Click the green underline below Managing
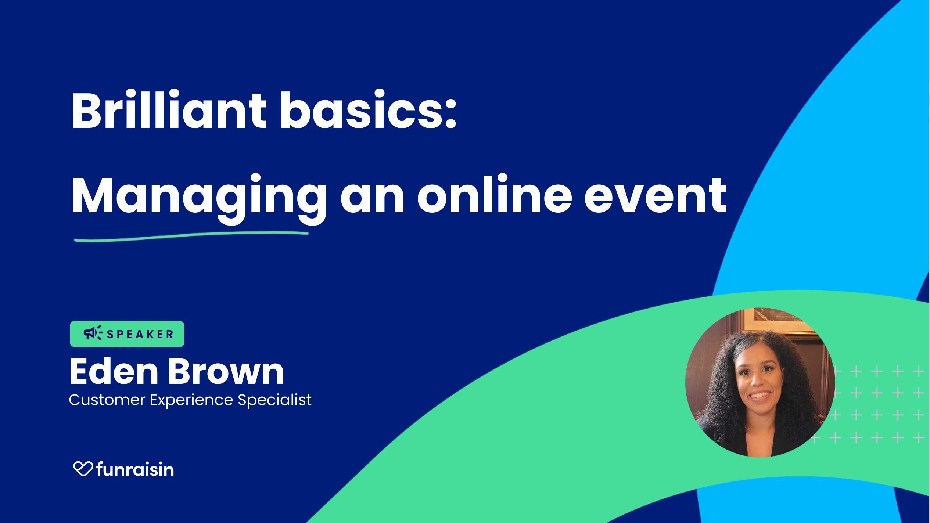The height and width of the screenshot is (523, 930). click(191, 237)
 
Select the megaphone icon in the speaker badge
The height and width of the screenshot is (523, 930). click(93, 333)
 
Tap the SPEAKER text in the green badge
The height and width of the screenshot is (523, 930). click(140, 335)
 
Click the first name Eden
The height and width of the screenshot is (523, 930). click(114, 372)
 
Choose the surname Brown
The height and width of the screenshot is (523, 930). click(226, 372)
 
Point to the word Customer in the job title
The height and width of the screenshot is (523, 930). click(107, 400)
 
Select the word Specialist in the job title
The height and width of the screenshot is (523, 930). click(274, 400)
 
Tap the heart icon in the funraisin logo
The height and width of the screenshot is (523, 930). click(83, 468)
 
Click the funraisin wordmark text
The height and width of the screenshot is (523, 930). click(135, 469)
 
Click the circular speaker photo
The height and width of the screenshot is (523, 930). click(760, 382)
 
